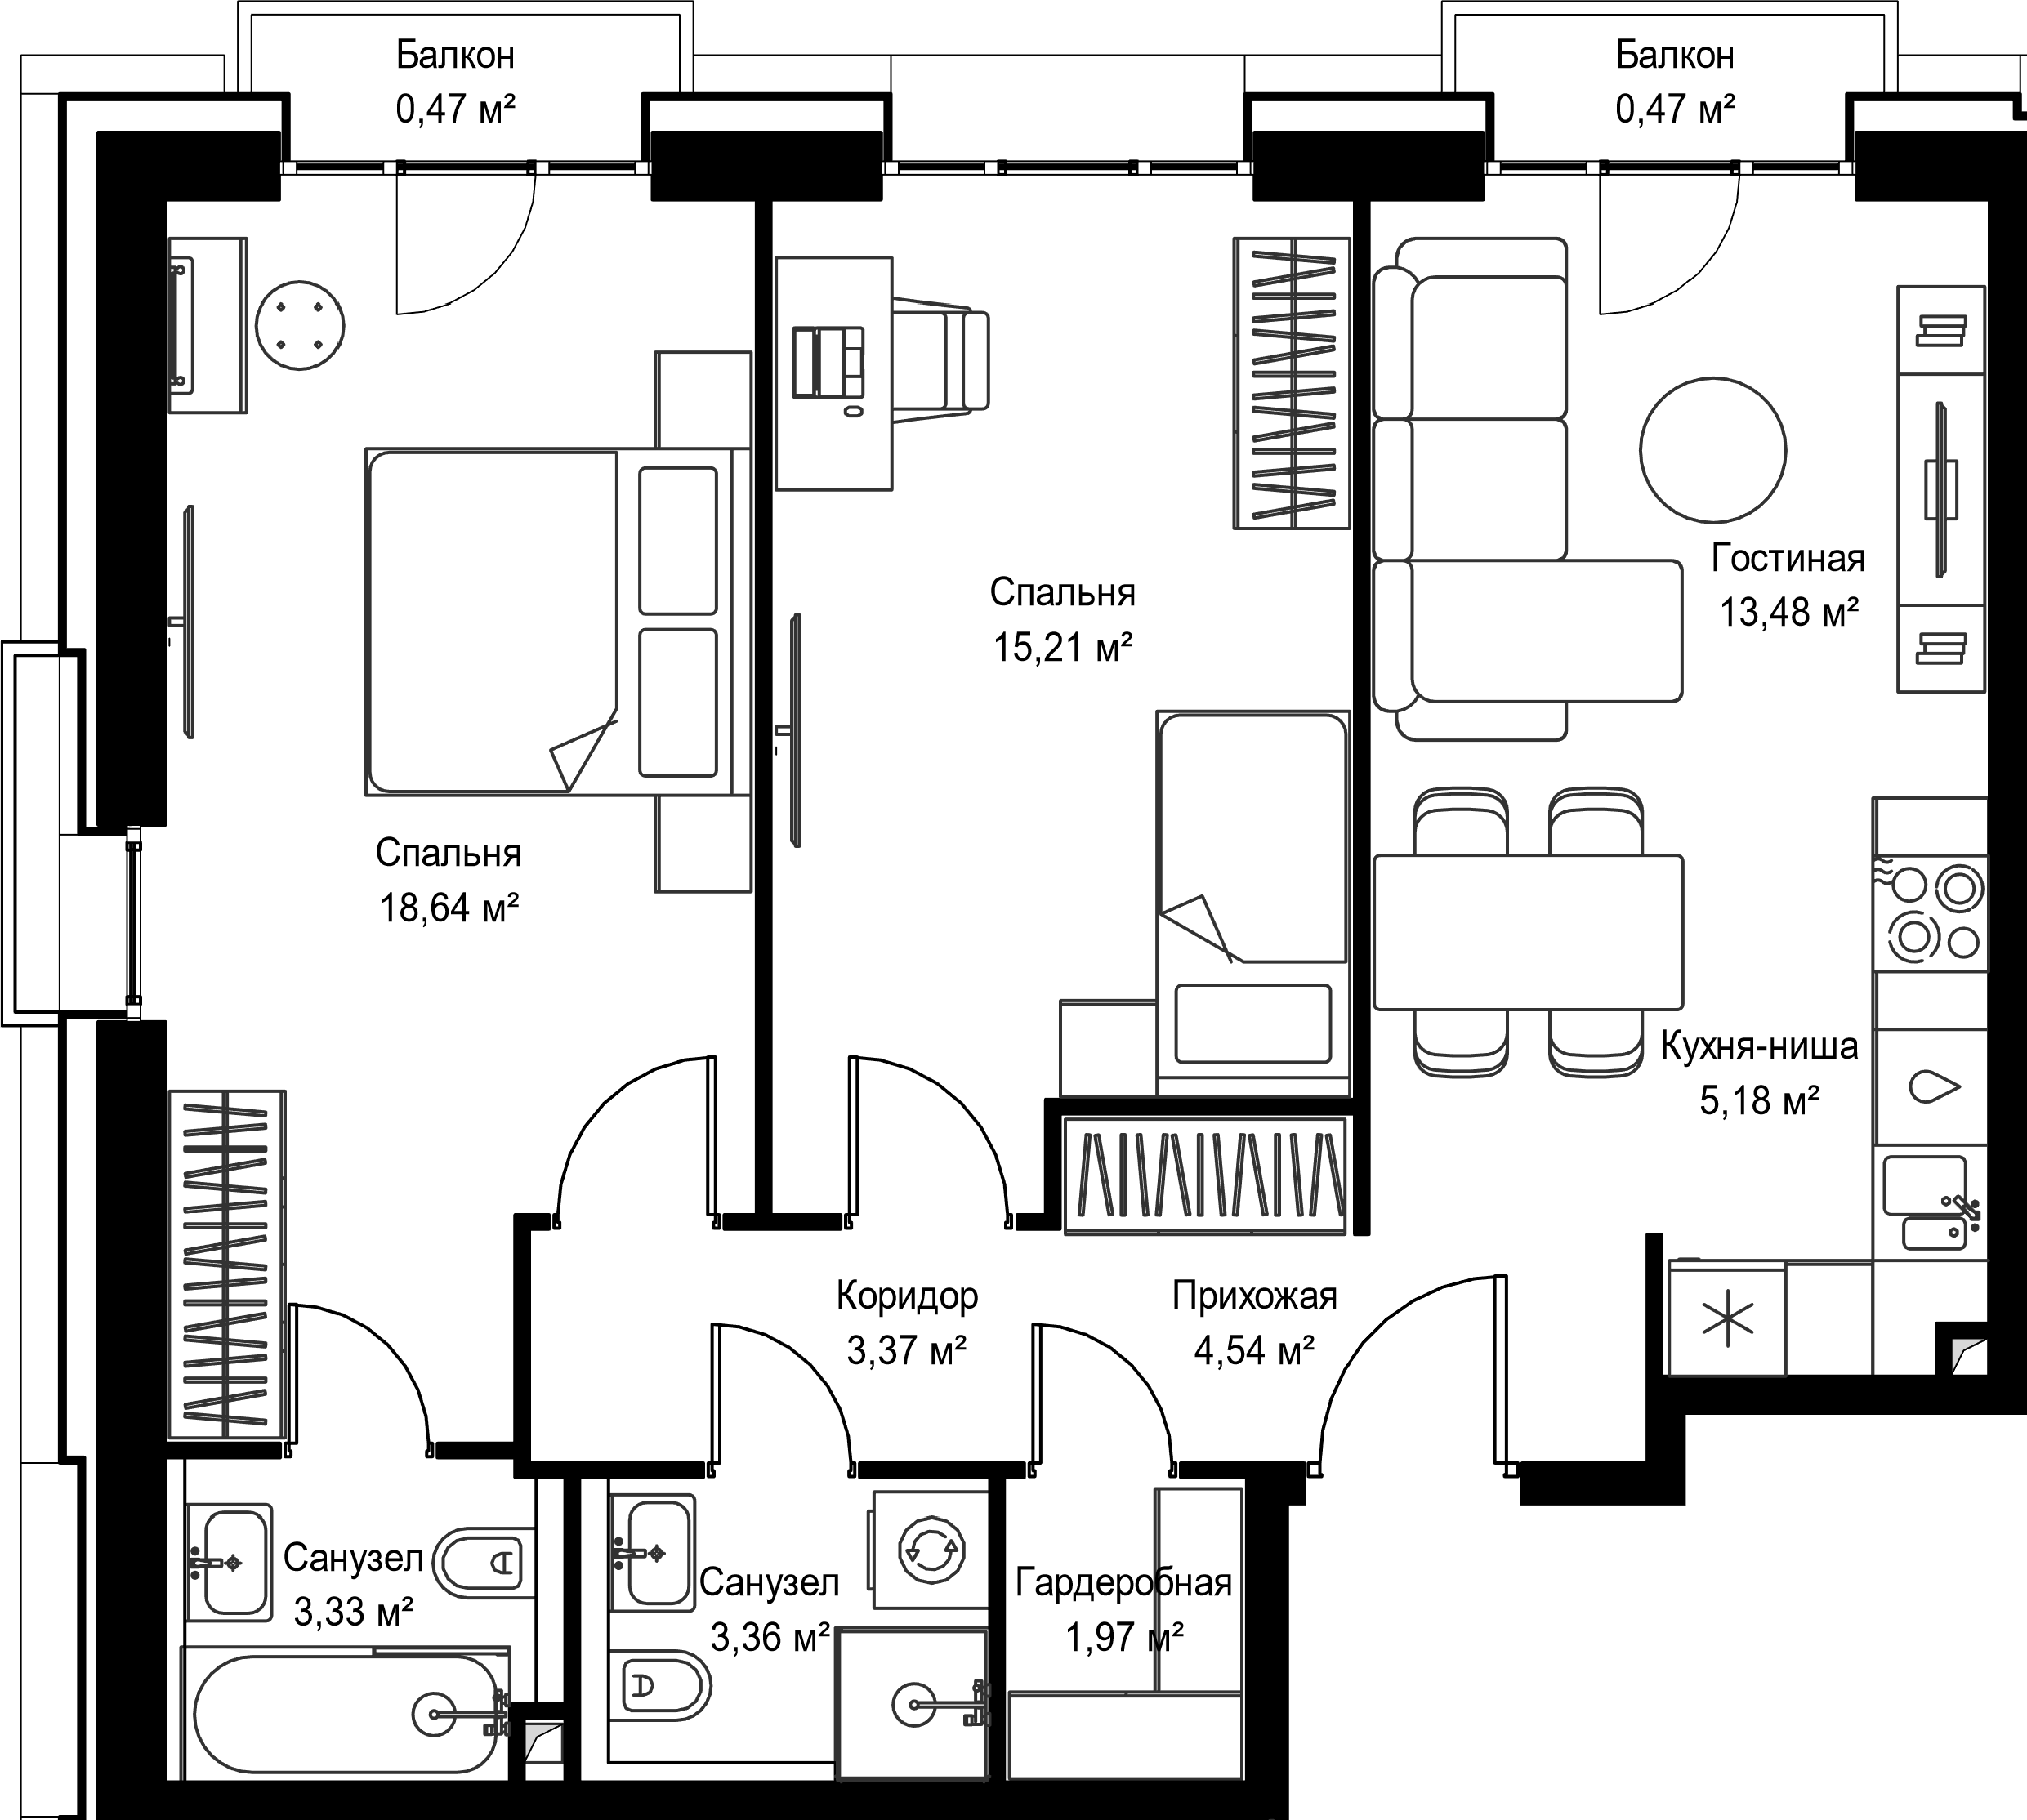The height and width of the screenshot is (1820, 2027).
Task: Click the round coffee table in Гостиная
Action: pos(1713,450)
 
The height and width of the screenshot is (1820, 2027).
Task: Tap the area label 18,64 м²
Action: pos(449,908)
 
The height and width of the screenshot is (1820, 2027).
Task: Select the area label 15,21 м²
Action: pos(1062,648)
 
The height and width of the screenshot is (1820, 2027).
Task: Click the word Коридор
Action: pos(907,1296)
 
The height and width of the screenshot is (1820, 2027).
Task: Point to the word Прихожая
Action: pos(1254,1296)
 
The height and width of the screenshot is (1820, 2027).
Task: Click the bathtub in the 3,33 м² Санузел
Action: pos(346,1715)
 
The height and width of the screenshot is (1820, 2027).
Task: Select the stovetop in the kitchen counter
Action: pos(1930,913)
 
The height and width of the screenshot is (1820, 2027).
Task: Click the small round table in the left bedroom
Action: pos(300,325)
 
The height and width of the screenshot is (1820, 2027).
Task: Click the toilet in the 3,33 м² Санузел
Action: pos(483,1562)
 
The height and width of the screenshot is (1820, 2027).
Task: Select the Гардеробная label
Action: pos(1123,1583)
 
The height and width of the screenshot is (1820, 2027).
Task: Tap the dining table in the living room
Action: pos(1528,932)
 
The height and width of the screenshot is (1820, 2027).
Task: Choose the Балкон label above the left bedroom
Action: pos(455,55)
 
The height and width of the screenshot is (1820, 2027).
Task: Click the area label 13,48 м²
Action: pos(1789,612)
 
